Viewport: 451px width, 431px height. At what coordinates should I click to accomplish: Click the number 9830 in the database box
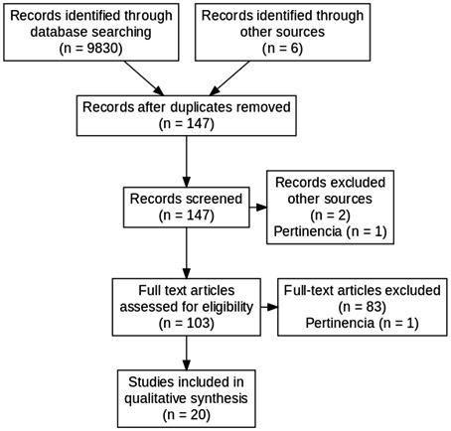pos(100,49)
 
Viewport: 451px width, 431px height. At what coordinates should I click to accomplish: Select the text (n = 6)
pos(282,49)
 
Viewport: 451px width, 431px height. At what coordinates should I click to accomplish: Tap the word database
pos(59,32)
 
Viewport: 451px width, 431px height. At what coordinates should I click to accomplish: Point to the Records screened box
pos(187,208)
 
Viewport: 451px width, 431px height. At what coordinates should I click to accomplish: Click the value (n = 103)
pos(187,323)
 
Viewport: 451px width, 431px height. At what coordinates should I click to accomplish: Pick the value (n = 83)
pos(363,307)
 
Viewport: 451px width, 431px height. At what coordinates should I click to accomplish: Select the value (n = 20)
pos(187,414)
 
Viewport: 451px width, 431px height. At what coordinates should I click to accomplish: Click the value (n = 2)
pos(331,215)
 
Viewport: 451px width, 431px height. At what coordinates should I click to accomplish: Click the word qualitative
pos(153,398)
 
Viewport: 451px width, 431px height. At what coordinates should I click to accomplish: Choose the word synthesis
pos(217,398)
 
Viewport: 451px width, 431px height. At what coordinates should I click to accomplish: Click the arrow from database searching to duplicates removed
pos(144,78)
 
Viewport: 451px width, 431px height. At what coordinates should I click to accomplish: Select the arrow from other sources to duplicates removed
pos(229,78)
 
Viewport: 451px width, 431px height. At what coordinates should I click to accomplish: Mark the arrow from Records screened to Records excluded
pos(258,208)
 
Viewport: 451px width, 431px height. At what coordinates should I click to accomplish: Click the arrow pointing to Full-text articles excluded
pos(269,307)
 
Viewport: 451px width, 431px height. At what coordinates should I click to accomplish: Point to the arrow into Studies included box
pos(187,353)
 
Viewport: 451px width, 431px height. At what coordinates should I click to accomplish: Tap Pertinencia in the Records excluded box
pos(308,231)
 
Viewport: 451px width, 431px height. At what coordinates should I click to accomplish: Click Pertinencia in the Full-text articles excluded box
pos(340,323)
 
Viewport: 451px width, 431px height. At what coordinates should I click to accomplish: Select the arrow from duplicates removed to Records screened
pos(187,162)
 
